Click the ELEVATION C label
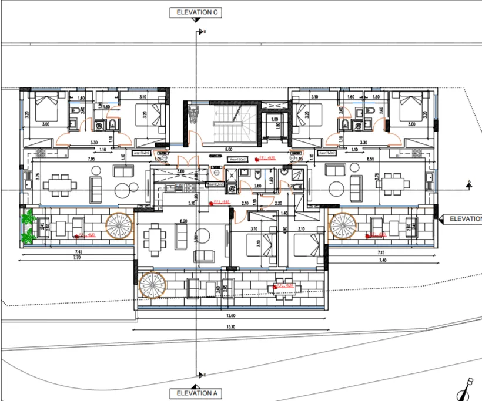point(195,12)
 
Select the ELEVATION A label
point(195,393)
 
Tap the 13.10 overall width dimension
point(230,327)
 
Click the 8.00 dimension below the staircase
point(228,149)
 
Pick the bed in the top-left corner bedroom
point(45,107)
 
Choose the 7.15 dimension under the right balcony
point(381,252)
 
